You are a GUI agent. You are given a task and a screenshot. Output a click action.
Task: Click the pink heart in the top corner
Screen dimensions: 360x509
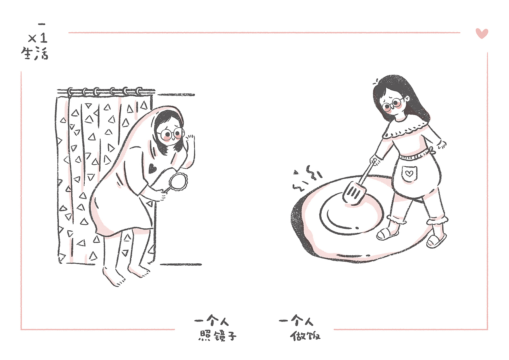(x=482, y=33)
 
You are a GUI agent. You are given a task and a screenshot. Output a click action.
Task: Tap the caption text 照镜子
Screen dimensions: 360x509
(x=217, y=336)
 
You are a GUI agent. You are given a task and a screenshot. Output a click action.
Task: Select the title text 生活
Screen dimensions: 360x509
(x=35, y=54)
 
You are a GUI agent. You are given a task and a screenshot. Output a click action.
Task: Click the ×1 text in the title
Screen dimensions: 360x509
(x=38, y=39)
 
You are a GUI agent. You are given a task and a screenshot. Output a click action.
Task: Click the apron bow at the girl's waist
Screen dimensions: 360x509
(x=431, y=150)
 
